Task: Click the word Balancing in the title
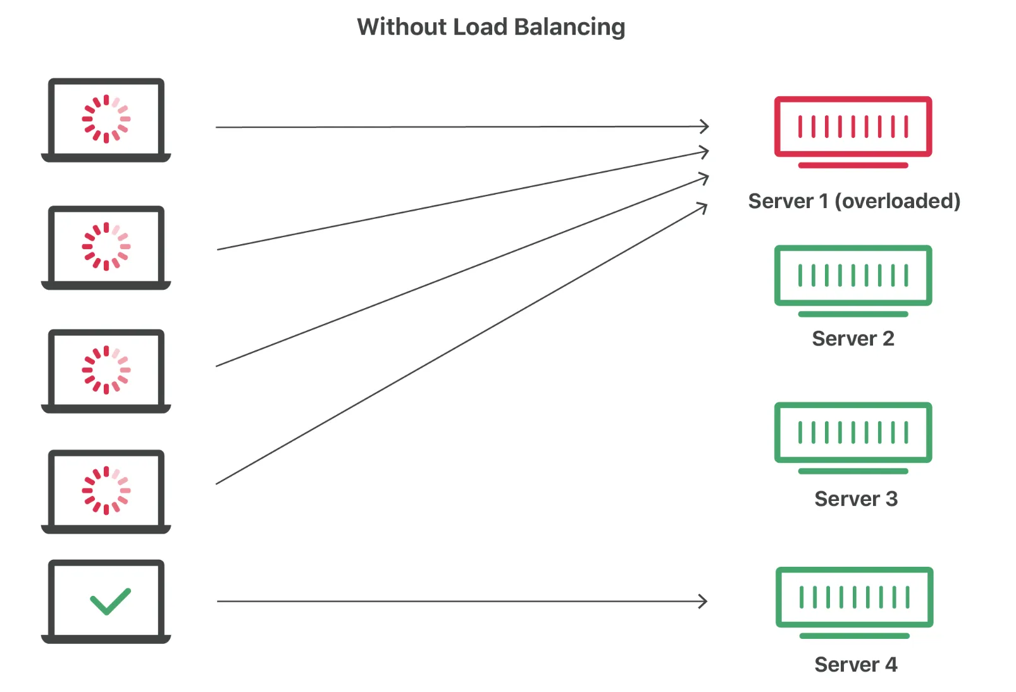(569, 27)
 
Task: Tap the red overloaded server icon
(853, 127)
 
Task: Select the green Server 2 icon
(853, 275)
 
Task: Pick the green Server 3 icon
(853, 432)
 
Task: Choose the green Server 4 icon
(854, 596)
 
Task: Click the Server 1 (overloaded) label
(854, 201)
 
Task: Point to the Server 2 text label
(853, 338)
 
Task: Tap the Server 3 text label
(855, 499)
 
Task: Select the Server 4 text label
(855, 664)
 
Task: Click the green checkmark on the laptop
(110, 601)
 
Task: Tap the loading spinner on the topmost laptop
(106, 119)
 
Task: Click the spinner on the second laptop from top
(106, 247)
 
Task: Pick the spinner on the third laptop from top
(106, 370)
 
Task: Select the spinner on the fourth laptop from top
(106, 490)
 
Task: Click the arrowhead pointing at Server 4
(703, 601)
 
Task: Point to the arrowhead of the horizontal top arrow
(704, 127)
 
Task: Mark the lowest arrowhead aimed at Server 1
(702, 207)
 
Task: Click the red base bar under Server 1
(853, 166)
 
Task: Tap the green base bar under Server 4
(854, 636)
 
